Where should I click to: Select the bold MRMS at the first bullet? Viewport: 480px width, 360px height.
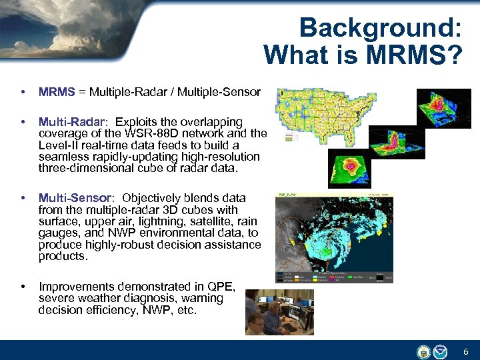[57, 92]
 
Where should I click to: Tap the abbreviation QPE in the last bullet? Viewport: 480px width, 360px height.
[222, 287]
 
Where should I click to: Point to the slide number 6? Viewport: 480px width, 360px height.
[466, 352]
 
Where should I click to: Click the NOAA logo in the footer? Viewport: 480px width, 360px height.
[441, 351]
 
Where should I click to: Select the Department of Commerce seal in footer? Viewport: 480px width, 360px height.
[424, 351]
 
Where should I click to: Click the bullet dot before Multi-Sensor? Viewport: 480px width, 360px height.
[24, 198]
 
